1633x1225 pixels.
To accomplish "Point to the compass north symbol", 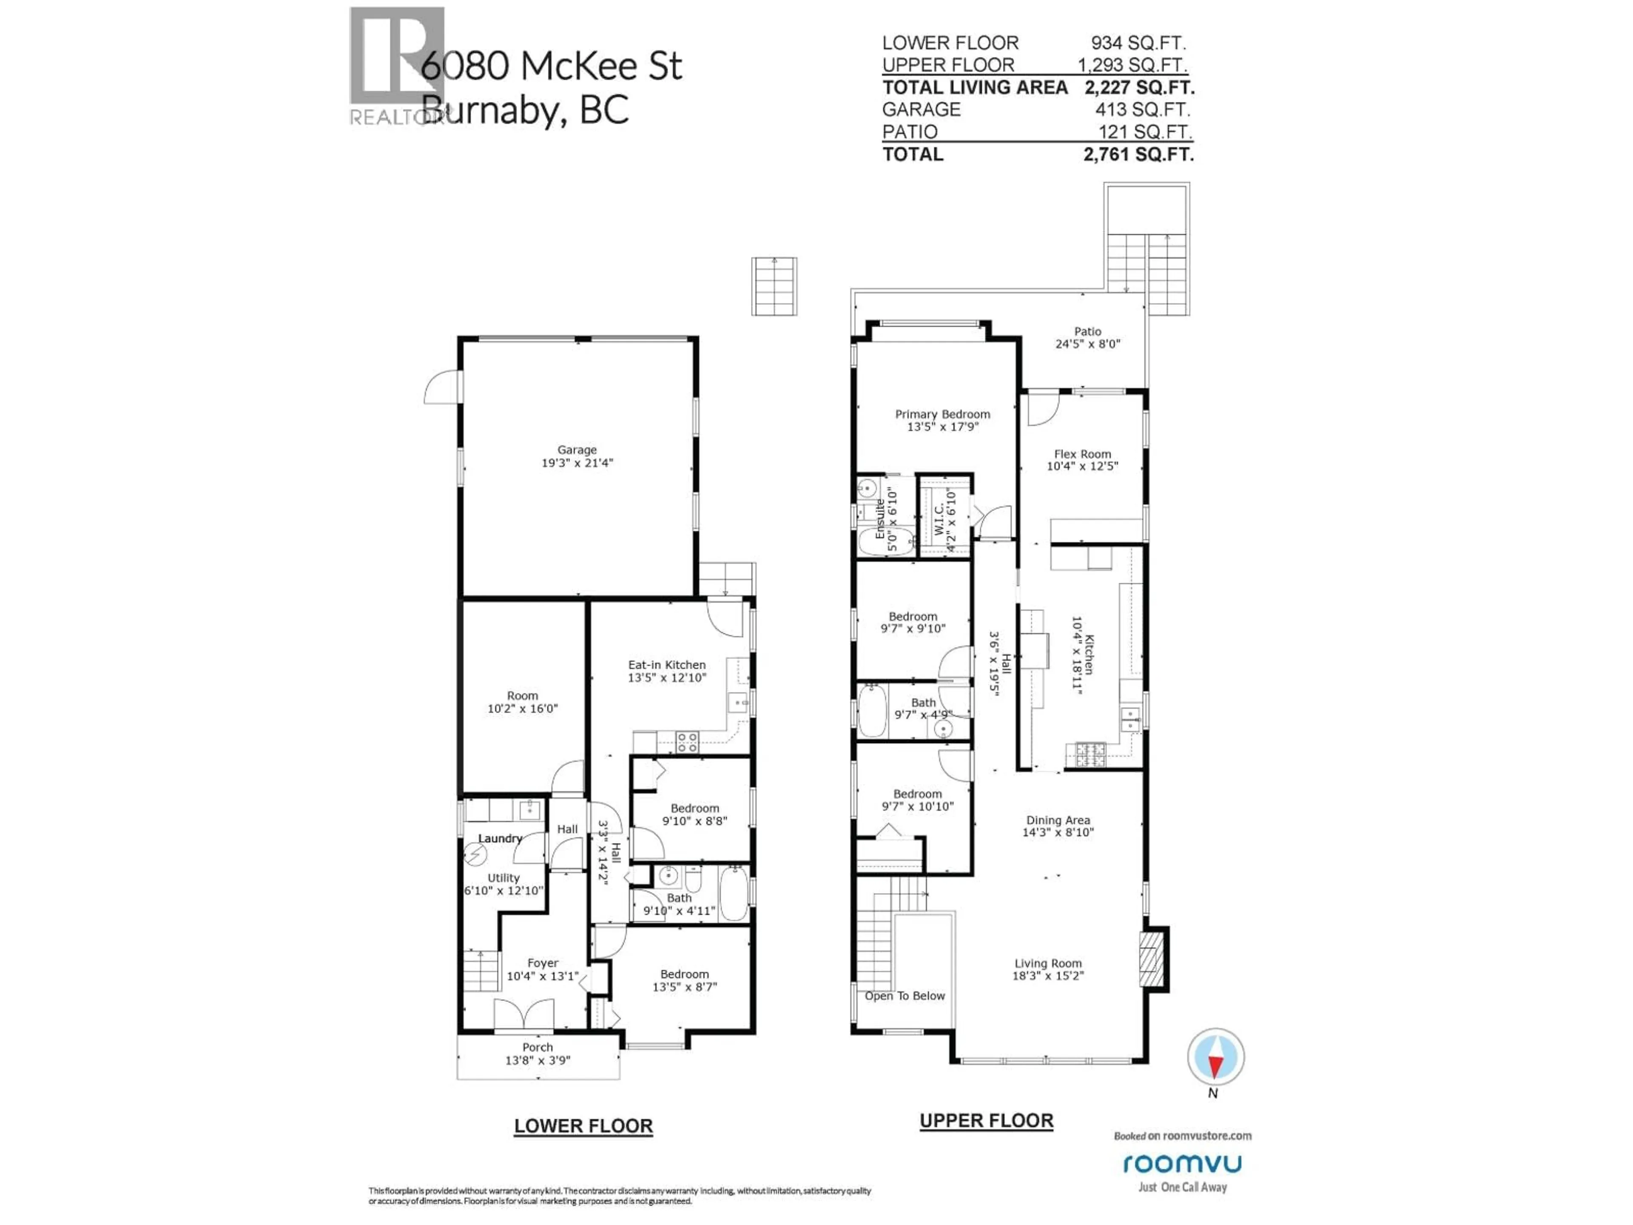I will (x=1215, y=1058).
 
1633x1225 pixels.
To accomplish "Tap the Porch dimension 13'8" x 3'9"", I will (x=538, y=1060).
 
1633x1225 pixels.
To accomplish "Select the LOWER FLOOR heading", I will (x=583, y=1126).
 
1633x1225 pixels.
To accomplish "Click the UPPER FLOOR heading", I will (x=986, y=1120).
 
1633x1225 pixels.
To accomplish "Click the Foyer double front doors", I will (x=524, y=1014).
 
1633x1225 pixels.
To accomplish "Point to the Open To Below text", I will (x=905, y=996).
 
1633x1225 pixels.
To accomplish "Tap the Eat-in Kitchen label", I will (x=667, y=664).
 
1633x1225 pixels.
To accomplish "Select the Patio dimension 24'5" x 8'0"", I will (x=1087, y=344).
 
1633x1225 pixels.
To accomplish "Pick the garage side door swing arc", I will (x=441, y=387).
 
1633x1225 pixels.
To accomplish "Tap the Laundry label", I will (x=500, y=838).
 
